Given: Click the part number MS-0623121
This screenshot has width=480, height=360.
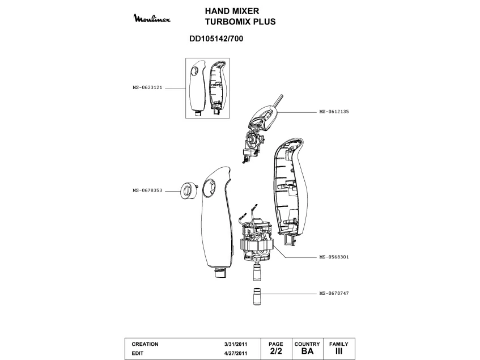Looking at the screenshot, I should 148,88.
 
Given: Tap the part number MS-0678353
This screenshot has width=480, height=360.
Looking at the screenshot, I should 148,190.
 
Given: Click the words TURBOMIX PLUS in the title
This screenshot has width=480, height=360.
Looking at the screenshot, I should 240,22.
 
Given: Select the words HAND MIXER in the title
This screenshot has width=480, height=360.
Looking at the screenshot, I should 232,11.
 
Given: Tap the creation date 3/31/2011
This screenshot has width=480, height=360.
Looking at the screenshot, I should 235,344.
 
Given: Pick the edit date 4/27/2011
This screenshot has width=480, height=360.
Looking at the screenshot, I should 235,353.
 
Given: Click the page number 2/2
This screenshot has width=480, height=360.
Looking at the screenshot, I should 276,351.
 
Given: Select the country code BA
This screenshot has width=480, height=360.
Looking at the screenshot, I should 308,351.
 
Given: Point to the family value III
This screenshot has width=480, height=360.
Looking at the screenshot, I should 339,351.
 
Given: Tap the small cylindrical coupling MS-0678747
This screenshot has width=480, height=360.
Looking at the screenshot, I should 255,296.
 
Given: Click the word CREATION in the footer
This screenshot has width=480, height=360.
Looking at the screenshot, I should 145,344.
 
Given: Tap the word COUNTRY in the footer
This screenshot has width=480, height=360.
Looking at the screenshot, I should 308,344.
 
